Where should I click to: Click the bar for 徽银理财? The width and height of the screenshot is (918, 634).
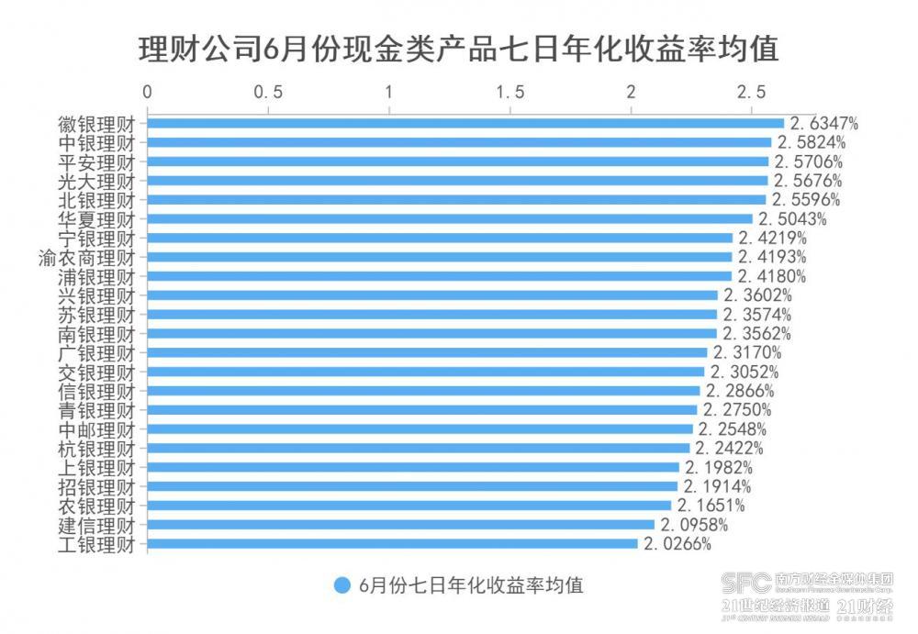click(x=465, y=123)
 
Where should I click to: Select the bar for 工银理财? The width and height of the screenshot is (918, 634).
click(x=392, y=544)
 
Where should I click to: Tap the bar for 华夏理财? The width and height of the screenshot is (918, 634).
click(x=450, y=218)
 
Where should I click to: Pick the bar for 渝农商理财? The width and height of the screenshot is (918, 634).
click(x=440, y=257)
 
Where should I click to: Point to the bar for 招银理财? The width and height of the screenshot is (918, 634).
click(x=412, y=486)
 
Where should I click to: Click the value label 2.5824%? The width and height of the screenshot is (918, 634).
click(x=812, y=142)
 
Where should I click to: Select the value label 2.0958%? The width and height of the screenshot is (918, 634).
click(x=694, y=525)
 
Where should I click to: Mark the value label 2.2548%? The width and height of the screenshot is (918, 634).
click(x=733, y=429)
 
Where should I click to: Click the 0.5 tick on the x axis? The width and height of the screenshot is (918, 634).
click(x=267, y=93)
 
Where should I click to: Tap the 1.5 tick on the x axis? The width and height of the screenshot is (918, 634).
click(x=509, y=93)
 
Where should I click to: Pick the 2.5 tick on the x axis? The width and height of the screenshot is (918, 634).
click(x=751, y=93)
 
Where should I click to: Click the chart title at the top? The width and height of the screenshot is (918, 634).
click(x=459, y=49)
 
